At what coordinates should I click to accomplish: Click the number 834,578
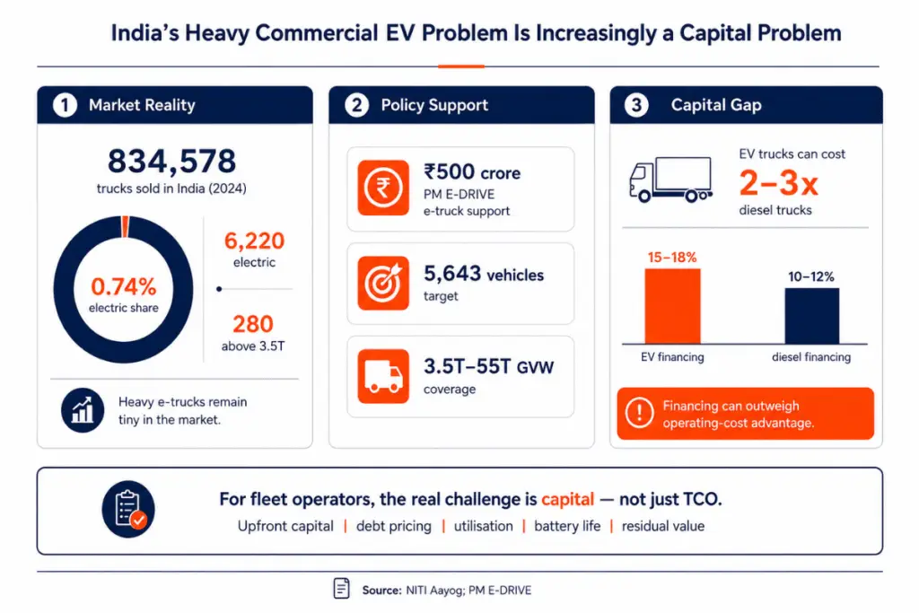(x=171, y=161)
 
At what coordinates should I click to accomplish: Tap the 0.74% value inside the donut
(x=124, y=286)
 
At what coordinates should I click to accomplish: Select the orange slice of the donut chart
(x=126, y=226)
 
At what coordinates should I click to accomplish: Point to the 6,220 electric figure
(x=254, y=241)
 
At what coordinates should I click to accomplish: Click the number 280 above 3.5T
(x=253, y=323)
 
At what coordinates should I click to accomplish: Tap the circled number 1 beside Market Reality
(x=65, y=105)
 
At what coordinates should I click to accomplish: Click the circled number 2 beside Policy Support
(x=356, y=105)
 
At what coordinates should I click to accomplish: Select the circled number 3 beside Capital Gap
(x=636, y=105)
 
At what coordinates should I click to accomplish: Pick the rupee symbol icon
(x=383, y=188)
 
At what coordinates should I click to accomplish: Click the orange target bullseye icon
(x=383, y=283)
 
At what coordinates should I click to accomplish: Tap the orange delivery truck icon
(x=383, y=376)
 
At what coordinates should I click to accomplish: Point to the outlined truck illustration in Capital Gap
(x=670, y=180)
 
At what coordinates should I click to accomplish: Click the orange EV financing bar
(x=672, y=306)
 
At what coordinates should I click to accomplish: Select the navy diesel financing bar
(x=811, y=316)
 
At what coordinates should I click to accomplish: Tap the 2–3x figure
(x=778, y=183)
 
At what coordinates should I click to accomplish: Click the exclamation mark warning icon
(x=639, y=413)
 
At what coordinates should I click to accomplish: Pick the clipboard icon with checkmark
(x=128, y=509)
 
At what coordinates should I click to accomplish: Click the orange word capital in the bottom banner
(x=567, y=499)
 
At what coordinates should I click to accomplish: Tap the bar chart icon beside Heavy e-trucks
(x=83, y=410)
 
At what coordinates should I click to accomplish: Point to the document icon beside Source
(x=341, y=589)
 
